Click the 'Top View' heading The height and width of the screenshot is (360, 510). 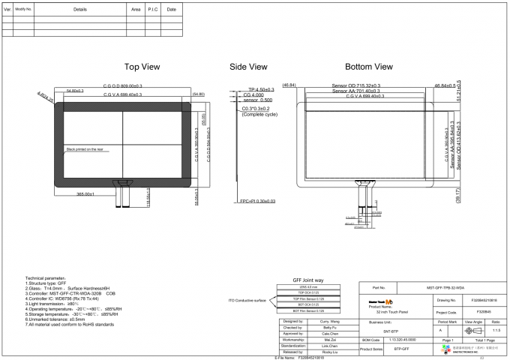tap(142, 67)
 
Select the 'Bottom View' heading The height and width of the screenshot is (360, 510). tap(368, 67)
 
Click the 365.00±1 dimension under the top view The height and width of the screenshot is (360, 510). tap(85, 194)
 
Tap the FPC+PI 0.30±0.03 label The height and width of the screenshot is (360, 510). tap(258, 201)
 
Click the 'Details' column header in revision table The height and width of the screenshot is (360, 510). tap(79, 9)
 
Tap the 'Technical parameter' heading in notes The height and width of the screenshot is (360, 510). tap(36, 277)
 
